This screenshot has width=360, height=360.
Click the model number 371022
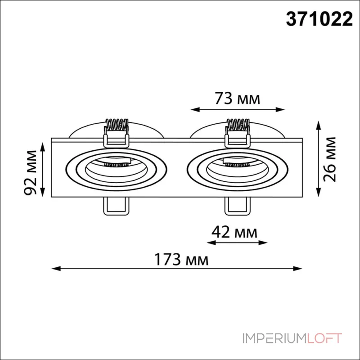tap(319, 19)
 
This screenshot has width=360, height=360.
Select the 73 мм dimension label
tap(238, 99)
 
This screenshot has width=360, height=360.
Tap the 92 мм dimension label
tap(31, 172)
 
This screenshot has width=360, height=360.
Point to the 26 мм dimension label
tap(330, 159)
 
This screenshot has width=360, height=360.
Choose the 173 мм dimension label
tap(181, 260)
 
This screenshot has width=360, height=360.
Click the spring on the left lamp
tap(117, 126)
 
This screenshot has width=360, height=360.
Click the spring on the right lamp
tap(238, 126)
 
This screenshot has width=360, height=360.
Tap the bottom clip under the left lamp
tap(116, 206)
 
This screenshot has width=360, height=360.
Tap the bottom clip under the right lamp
tap(238, 206)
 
